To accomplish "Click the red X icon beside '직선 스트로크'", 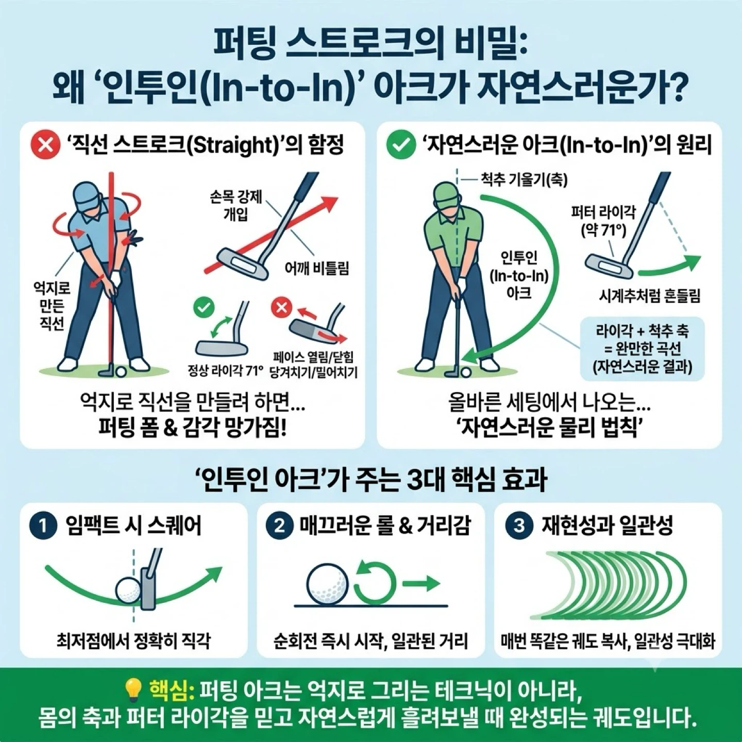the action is pos(45,145).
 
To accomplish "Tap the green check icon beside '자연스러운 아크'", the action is pos(401,145).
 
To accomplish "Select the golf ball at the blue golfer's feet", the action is pos(122,372).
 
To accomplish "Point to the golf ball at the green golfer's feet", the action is pos(466,372).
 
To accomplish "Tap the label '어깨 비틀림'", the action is pos(316,268).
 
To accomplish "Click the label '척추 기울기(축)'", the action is pos(524,179).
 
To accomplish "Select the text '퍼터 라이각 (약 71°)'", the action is pos(603,221).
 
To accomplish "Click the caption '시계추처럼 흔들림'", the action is pos(650,296).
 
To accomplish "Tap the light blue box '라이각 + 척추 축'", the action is pos(642,348).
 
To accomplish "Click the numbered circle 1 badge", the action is pos(43,526).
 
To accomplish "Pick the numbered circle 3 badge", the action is pos(519,526).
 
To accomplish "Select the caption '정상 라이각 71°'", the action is pos(225,371).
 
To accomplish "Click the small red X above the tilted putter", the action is pos(282,308).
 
